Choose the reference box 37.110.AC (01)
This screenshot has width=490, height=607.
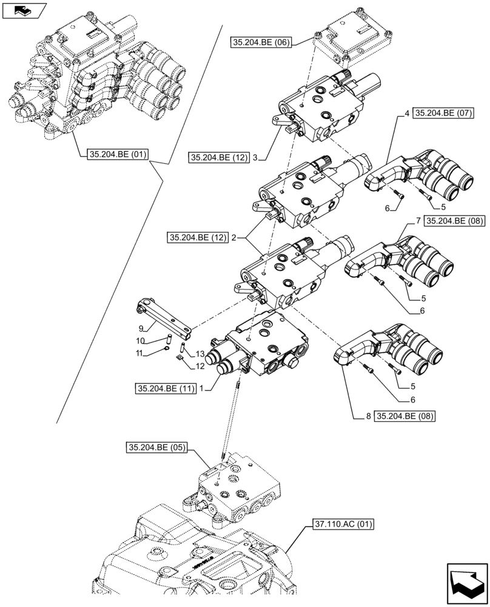[x=344, y=523]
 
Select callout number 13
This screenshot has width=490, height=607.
[x=200, y=354]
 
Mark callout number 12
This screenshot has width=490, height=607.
[x=200, y=366]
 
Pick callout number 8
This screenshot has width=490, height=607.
[x=368, y=416]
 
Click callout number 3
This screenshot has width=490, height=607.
[x=255, y=158]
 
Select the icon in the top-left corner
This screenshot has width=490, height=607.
[x=24, y=10]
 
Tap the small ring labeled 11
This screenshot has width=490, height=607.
[x=166, y=348]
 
